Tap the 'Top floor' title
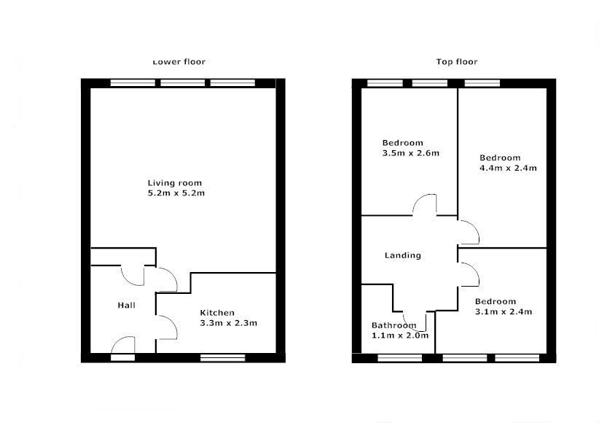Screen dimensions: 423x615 tap(457, 62)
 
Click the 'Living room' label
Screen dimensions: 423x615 tap(174, 183)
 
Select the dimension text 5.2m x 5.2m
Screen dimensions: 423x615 tap(175, 193)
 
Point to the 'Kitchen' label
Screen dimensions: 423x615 tap(217, 313)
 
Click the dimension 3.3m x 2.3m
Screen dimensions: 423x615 tap(229, 323)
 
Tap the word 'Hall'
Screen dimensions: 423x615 tap(126, 305)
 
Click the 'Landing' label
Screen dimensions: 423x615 tap(403, 255)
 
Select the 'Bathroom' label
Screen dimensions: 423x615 tap(393, 325)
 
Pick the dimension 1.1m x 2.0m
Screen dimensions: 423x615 tap(400, 335)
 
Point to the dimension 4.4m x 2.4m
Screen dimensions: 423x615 tap(508, 168)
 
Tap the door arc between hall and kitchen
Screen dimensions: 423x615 tap(167, 327)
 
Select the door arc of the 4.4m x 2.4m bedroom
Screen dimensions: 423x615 tap(469, 233)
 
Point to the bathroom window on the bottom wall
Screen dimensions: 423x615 tap(399, 358)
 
